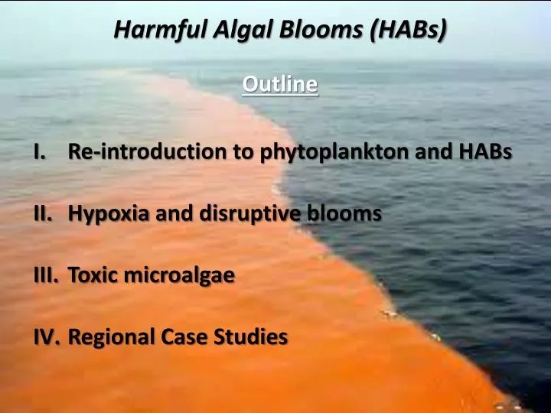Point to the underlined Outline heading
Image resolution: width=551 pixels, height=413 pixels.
(x=279, y=83)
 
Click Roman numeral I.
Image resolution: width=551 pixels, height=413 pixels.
(x=39, y=151)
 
